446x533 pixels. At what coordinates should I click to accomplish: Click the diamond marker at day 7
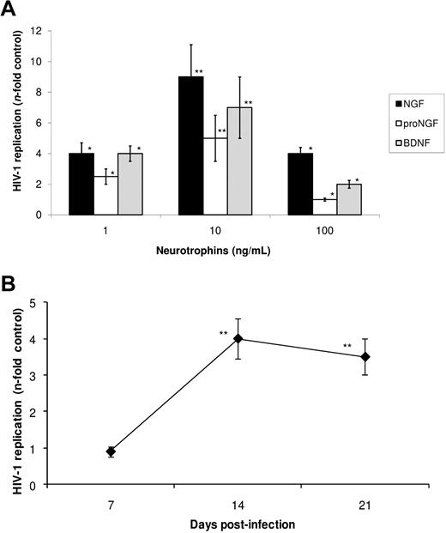(111, 451)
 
